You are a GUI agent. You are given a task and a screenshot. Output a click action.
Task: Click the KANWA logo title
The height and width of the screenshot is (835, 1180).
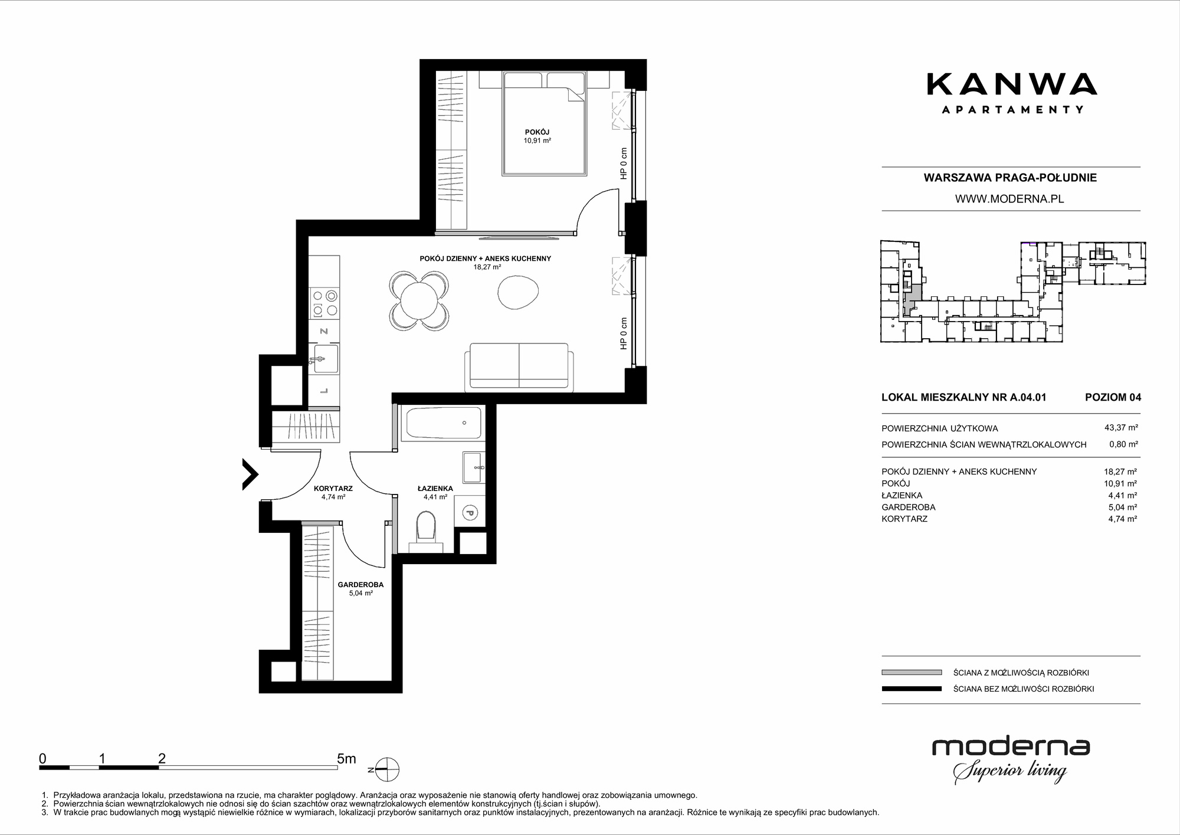point(1012,84)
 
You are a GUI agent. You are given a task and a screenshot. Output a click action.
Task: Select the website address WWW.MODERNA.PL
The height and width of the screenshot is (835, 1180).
point(1009,199)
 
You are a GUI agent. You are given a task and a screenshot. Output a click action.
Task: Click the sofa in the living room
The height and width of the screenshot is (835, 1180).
point(519,367)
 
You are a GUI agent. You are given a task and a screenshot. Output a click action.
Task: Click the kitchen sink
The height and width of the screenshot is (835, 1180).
point(324,359)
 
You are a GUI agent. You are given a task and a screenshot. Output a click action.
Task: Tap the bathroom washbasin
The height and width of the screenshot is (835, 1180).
point(474,467)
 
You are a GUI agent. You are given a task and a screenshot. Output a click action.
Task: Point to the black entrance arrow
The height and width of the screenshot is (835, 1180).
point(251,474)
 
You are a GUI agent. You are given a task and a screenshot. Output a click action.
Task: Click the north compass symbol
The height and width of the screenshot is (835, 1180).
point(385,769)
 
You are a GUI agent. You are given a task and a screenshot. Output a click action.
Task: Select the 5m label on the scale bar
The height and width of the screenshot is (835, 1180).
point(346,759)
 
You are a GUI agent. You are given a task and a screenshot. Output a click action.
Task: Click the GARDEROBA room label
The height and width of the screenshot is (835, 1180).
point(360,585)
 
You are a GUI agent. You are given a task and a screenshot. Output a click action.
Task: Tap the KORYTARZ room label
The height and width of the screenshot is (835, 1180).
point(333,489)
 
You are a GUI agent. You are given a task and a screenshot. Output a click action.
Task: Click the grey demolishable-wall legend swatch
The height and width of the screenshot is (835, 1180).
point(912,672)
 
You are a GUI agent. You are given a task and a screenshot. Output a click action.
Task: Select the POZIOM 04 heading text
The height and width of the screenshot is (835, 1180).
point(1113,397)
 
